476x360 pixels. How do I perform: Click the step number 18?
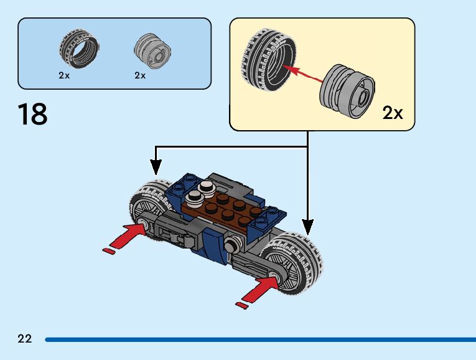pos(33,115)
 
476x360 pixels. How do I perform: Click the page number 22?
pos(25,339)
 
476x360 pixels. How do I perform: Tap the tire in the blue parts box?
pos(79,50)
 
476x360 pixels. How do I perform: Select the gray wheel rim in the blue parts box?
pos(151,50)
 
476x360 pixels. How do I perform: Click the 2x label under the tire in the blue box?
pos(64,75)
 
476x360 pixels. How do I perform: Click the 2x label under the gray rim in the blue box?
pos(140,75)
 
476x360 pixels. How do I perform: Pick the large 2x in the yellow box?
pos(393,113)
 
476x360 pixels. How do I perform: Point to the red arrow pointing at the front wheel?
pos(258,290)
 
